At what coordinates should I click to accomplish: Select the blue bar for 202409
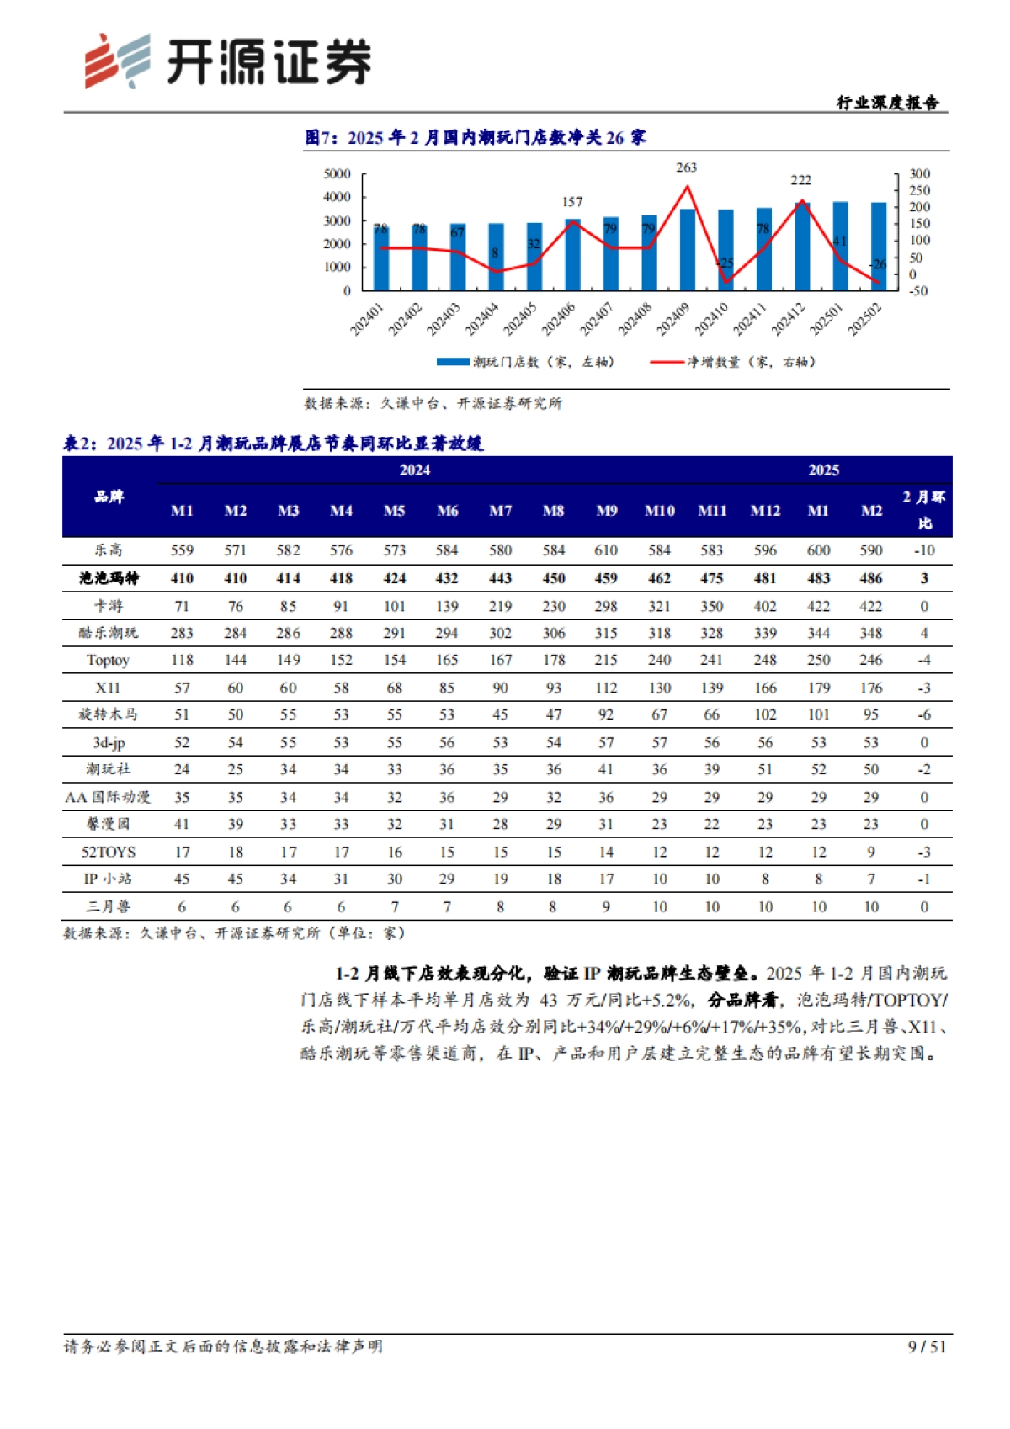(688, 249)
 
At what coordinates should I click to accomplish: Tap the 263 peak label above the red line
(686, 167)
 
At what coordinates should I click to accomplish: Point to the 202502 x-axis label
(865, 319)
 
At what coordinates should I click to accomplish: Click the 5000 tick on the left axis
(337, 174)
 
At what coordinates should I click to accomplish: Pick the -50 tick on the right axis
(917, 290)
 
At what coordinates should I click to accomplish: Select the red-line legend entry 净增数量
(732, 362)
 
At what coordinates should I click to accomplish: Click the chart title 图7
(475, 137)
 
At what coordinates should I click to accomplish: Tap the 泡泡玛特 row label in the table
(109, 578)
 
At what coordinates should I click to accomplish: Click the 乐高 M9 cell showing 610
(606, 550)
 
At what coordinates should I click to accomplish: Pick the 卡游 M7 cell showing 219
(500, 606)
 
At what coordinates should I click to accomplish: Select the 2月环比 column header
(924, 510)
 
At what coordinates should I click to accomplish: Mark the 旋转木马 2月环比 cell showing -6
(924, 714)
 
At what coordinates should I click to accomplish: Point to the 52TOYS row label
(109, 852)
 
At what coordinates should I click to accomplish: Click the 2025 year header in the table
(823, 470)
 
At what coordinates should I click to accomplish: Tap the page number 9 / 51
(927, 1347)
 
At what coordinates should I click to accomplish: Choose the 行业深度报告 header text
(887, 103)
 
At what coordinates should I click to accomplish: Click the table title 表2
(274, 444)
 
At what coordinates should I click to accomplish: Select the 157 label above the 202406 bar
(572, 202)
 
